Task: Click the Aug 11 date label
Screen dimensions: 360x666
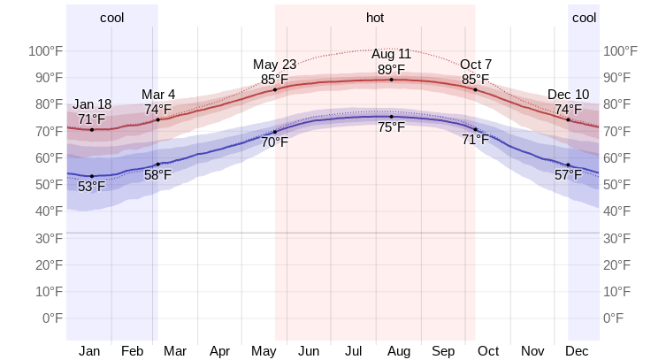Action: (x=391, y=55)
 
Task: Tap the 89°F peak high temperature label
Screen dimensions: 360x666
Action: (x=391, y=69)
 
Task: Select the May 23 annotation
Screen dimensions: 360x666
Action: (x=275, y=65)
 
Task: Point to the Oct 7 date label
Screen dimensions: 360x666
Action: (x=476, y=65)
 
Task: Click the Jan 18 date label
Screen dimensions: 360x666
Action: (x=92, y=104)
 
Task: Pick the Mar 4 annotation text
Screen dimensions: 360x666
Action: (x=158, y=95)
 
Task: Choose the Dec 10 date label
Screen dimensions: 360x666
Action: (x=568, y=95)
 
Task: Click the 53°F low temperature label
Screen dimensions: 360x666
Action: (x=91, y=187)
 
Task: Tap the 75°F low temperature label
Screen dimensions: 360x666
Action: (x=391, y=127)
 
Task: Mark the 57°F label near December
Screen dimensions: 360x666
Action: (x=568, y=175)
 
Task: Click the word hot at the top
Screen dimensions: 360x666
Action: (x=375, y=18)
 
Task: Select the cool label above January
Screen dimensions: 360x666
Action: (x=112, y=18)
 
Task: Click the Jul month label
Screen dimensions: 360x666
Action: (x=354, y=351)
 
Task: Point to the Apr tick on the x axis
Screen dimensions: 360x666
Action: (x=220, y=351)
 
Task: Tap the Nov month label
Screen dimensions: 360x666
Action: (x=533, y=351)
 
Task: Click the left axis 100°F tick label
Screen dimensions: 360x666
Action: (x=42, y=50)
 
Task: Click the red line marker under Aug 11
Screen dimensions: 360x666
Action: (x=391, y=80)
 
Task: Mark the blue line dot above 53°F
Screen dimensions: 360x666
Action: (x=91, y=176)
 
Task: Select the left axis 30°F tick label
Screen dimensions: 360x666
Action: (x=46, y=238)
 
